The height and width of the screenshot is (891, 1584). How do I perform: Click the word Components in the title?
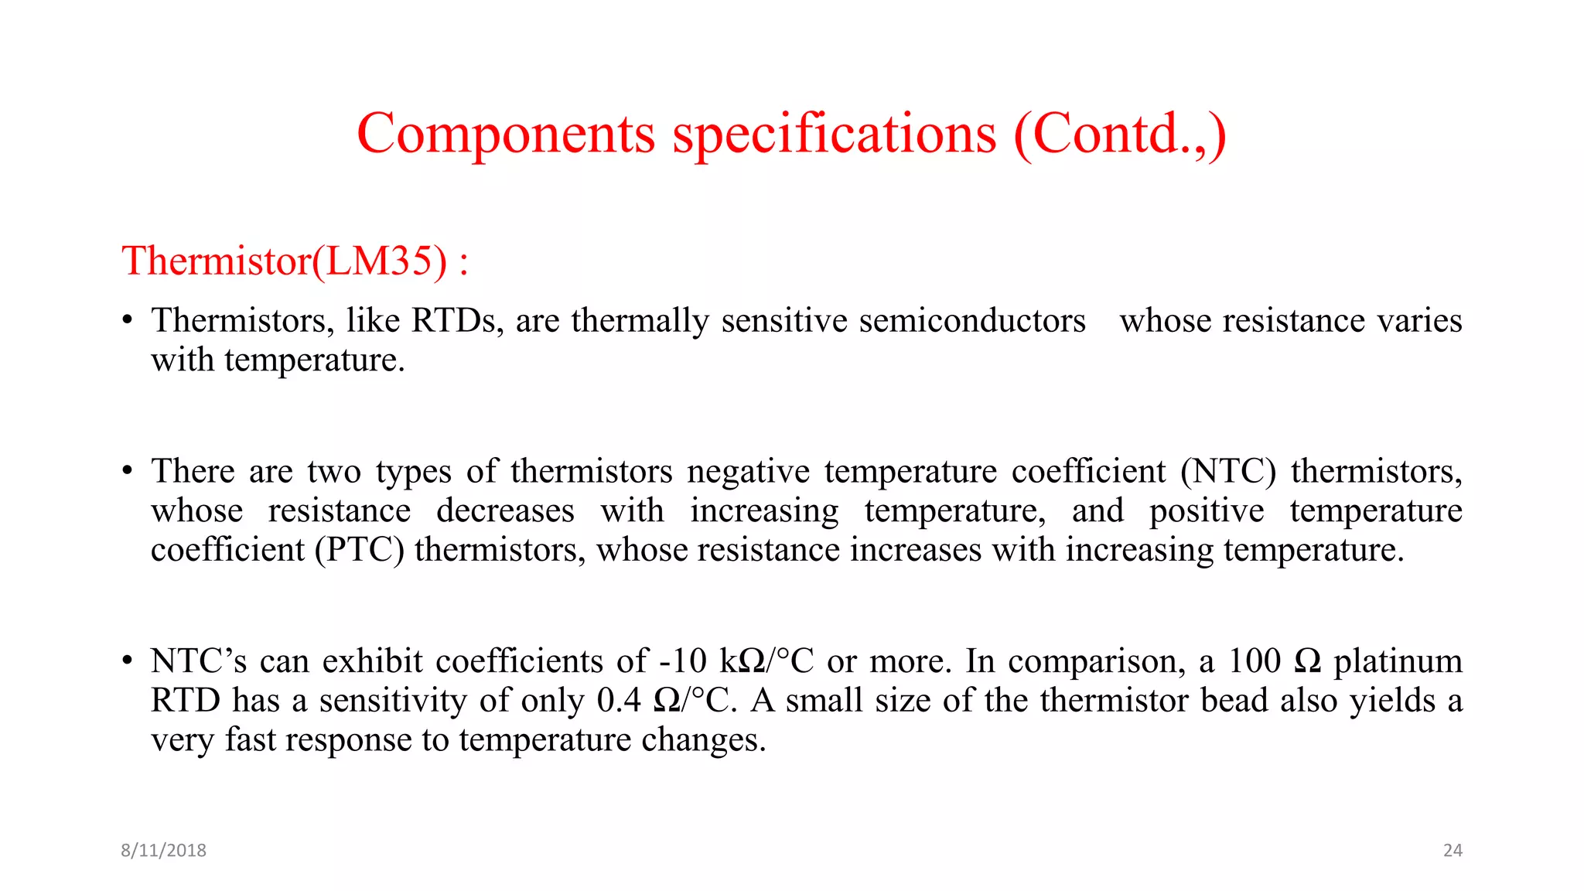[x=506, y=135]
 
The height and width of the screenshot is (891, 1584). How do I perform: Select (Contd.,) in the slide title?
[x=1119, y=135]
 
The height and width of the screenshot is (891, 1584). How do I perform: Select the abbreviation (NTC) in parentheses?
[x=1227, y=471]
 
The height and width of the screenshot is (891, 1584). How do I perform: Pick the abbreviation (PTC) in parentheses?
[x=360, y=550]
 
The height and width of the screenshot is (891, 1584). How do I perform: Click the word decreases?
[x=505, y=510]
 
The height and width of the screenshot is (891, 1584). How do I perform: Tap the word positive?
[x=1207, y=510]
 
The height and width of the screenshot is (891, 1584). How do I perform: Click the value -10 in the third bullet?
[x=682, y=661]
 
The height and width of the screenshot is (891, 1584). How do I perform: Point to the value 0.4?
[x=619, y=701]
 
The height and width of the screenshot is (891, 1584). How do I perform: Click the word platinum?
[x=1398, y=661]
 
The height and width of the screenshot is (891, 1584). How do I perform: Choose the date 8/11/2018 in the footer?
[x=163, y=850]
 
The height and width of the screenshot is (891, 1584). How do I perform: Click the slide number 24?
[x=1453, y=850]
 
